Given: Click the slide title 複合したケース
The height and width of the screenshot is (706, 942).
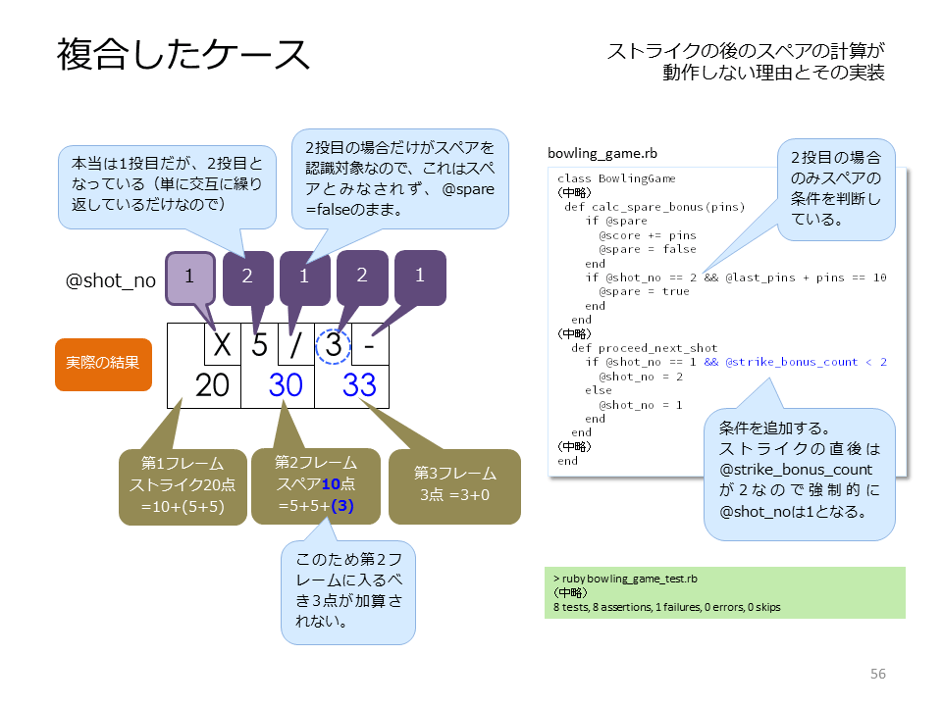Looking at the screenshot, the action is pos(183,55).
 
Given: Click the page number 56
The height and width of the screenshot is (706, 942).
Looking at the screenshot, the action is pos(877,674).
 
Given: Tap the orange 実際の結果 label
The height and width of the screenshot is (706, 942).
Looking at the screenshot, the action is pos(103,364).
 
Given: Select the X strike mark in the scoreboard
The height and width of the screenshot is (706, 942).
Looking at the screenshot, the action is pos(223,344).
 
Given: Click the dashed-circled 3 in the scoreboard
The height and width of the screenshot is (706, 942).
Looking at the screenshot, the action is pos(334,346).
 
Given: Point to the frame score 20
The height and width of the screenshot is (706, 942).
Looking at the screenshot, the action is pos(212,384).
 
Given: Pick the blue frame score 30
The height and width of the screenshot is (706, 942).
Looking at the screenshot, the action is pos(286,384).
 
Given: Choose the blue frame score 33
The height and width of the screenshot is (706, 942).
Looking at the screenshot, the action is pos(359,384).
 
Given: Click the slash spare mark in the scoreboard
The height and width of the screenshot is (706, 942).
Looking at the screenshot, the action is pos(295,345).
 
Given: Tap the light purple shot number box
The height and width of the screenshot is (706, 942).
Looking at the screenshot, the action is pos(189,277).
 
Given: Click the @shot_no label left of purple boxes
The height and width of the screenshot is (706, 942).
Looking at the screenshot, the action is pos(111,280).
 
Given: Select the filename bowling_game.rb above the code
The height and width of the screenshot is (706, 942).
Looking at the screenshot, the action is pos(602,154).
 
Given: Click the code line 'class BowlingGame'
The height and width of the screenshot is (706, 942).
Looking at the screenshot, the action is pos(616,178).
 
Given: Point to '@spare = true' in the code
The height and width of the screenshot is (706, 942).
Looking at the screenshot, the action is pos(644,291).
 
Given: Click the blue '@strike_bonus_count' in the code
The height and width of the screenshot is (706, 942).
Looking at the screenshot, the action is pos(791,362).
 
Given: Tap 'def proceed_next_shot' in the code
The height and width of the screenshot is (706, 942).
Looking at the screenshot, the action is pos(644,348).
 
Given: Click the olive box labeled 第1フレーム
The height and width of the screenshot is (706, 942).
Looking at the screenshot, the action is pos(183,487).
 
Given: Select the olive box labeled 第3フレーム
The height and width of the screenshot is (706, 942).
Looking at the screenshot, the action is pos(454,486).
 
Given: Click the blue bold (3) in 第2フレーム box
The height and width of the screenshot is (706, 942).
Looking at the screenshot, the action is pos(341,506).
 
